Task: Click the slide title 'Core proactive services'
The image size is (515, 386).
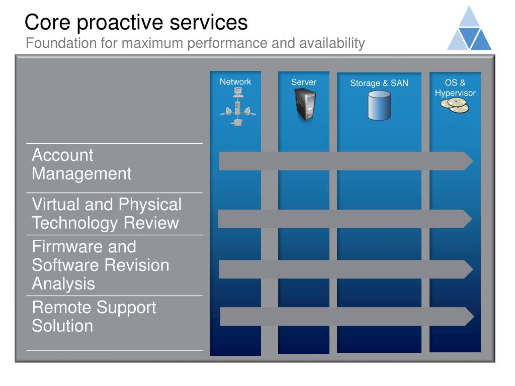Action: (x=136, y=23)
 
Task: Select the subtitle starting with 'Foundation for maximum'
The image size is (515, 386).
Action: (x=195, y=44)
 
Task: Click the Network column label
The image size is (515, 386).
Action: (x=235, y=82)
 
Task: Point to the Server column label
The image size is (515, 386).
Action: (x=304, y=82)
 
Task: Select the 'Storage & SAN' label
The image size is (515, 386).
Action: (x=379, y=83)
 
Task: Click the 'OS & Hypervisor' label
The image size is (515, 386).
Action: (x=455, y=88)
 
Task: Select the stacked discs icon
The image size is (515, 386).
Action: (x=455, y=106)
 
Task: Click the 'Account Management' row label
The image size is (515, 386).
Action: (x=81, y=164)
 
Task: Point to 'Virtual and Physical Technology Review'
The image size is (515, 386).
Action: (x=107, y=214)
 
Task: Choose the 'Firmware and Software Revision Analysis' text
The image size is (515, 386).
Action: (x=101, y=265)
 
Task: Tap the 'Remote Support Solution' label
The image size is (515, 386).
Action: (x=94, y=317)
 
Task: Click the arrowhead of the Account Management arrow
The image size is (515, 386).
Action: (x=468, y=161)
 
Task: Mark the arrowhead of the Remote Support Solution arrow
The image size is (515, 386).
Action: (x=469, y=316)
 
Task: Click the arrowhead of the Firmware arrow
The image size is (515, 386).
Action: (x=468, y=269)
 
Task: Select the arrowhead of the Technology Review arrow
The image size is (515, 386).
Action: (x=467, y=219)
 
